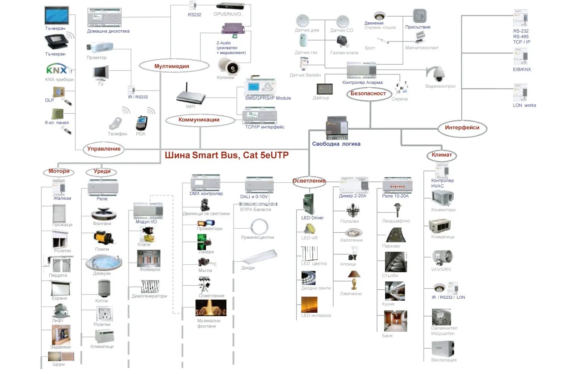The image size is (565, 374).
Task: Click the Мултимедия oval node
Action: pyautogui.click(x=174, y=66)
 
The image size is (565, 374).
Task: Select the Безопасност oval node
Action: pyautogui.click(x=368, y=93)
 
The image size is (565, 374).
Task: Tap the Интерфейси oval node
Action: pyautogui.click(x=462, y=128)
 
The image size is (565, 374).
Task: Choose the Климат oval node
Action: pyautogui.click(x=442, y=155)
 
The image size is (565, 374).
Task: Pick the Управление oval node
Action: pyautogui.click(x=104, y=149)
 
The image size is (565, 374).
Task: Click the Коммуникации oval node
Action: pyautogui.click(x=199, y=120)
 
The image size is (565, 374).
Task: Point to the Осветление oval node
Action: pyautogui.click(x=309, y=181)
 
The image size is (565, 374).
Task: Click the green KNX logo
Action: pyautogui.click(x=57, y=69)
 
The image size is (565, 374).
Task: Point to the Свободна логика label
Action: pyautogui.click(x=336, y=144)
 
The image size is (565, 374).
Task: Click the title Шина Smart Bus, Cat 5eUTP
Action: pyautogui.click(x=226, y=155)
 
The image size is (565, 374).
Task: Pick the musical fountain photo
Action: pyautogui.click(x=211, y=308)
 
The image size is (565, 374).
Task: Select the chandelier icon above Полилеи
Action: pyautogui.click(x=353, y=210)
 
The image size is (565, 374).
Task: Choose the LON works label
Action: pyautogui.click(x=524, y=106)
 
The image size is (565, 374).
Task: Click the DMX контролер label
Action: pyautogui.click(x=206, y=194)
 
